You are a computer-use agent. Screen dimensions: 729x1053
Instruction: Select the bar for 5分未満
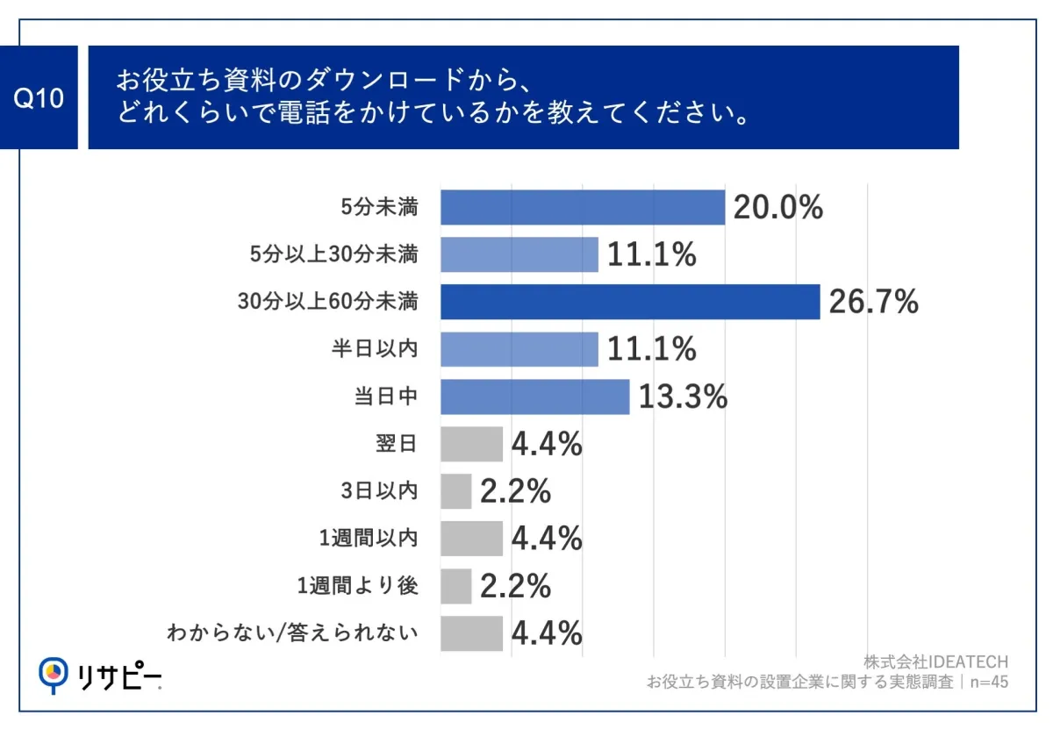tap(582, 208)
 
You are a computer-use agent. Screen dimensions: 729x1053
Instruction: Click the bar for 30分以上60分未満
tap(629, 302)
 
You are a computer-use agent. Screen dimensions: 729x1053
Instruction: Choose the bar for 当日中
tap(534, 397)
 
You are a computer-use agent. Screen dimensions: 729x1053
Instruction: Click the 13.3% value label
tap(683, 397)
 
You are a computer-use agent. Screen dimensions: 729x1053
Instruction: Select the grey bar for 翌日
tap(471, 444)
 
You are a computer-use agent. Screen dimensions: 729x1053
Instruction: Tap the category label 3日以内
tap(379, 491)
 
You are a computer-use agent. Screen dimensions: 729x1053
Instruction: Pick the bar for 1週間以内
tap(471, 539)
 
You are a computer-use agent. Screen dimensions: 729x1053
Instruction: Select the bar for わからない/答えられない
tap(471, 633)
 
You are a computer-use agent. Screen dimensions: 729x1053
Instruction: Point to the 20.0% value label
tap(777, 208)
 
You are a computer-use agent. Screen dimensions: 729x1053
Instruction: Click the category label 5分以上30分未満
tap(333, 255)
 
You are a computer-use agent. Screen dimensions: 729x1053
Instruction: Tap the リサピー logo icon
tap(54, 674)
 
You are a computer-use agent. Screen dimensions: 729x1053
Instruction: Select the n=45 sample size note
tap(986, 682)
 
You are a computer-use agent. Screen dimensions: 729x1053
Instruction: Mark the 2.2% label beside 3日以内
tap(515, 491)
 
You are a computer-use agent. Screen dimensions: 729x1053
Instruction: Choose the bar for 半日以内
tap(519, 349)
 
